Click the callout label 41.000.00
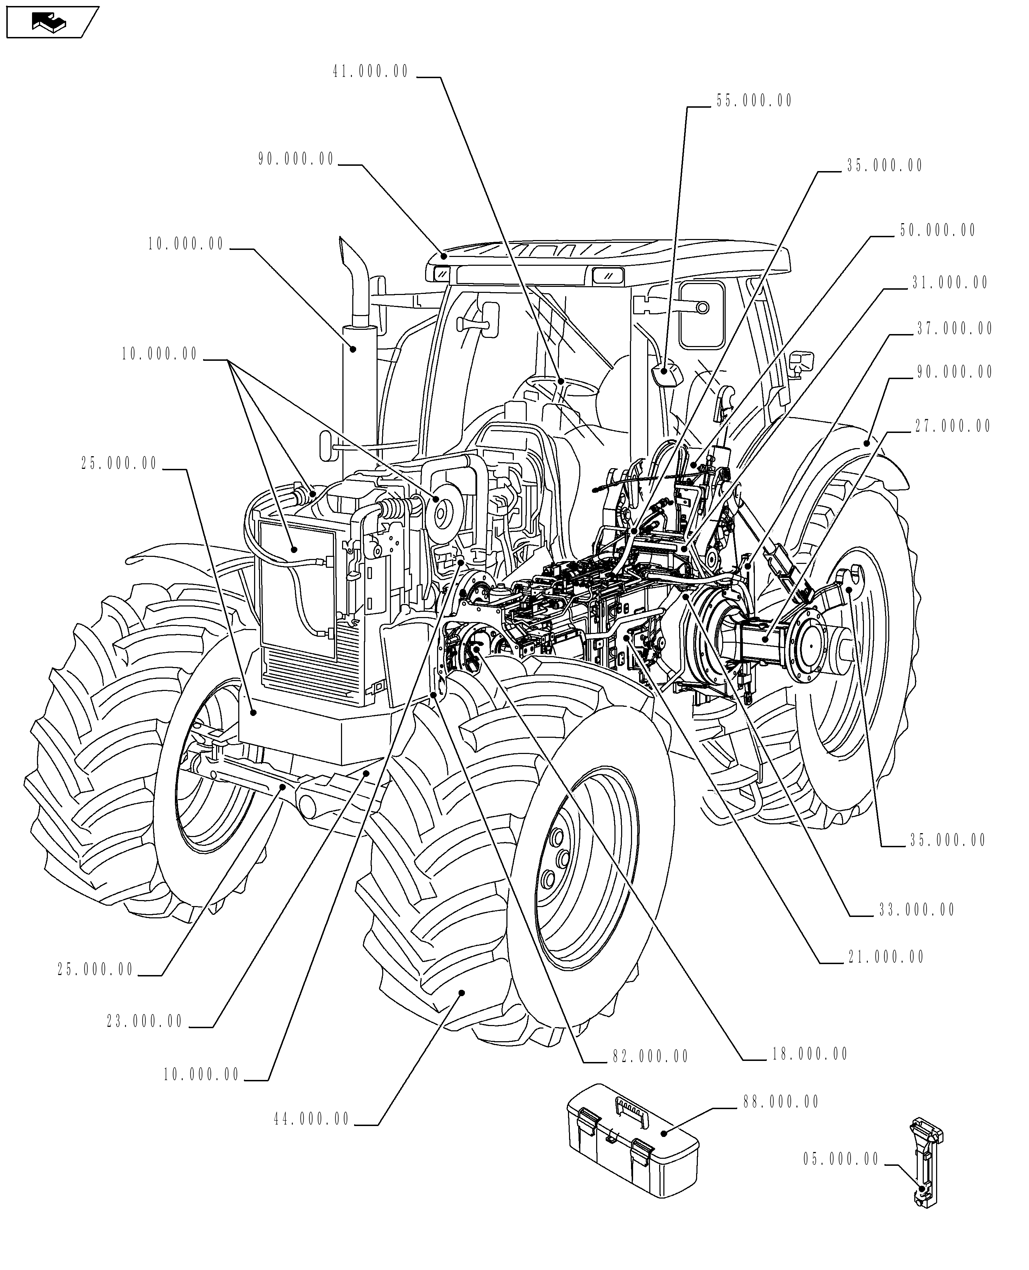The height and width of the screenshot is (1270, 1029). point(371,72)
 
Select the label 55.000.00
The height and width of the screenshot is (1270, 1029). point(754,101)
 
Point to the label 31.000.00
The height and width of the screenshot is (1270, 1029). point(949,283)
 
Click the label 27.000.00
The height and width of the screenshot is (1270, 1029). point(953,426)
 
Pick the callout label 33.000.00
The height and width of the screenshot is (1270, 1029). point(916,910)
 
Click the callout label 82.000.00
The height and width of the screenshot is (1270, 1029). point(650,1057)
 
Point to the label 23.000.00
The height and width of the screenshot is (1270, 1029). point(145,1021)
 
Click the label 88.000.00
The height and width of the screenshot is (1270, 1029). point(781,1102)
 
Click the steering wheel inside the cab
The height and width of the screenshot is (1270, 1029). point(560,385)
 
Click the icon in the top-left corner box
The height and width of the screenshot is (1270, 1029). point(50,23)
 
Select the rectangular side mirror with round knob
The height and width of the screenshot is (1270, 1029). point(701,314)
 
